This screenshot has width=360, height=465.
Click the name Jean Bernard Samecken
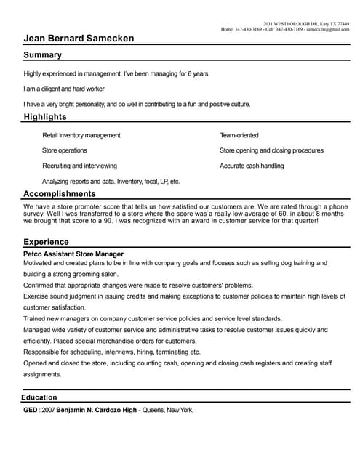coord(79,39)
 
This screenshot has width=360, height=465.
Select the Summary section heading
coord(42,55)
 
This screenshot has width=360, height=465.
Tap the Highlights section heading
coord(45,117)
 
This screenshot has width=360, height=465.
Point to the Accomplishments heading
coord(60,194)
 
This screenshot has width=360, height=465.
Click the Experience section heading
coord(46,242)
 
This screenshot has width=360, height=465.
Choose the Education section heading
coord(39,397)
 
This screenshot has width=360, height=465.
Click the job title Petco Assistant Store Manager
coord(73,254)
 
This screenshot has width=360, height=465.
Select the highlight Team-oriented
coord(239,135)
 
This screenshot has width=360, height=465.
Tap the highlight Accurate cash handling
coord(252,166)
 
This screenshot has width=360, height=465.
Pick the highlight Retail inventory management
coord(81,135)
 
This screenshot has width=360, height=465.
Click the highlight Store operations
coord(65,150)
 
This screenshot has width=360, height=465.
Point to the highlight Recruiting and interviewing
coord(79,166)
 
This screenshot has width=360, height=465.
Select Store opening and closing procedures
coord(271,150)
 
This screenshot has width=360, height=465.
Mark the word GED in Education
coord(31,411)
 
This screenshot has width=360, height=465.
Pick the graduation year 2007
coord(48,411)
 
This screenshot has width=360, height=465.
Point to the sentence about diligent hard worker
coord(64,89)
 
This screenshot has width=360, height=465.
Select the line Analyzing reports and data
coord(111,181)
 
